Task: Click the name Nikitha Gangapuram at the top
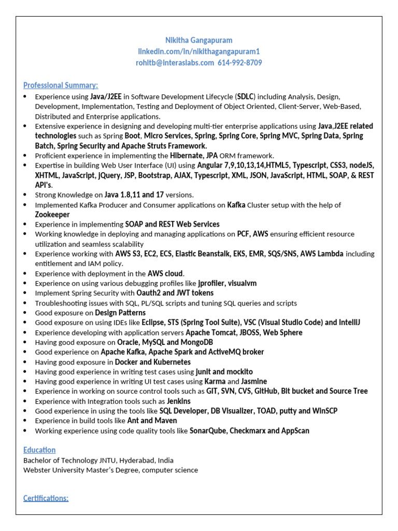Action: point(198,40)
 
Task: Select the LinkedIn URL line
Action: point(198,51)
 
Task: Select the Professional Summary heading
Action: point(61,85)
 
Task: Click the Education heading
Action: point(39,450)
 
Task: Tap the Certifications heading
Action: point(46,498)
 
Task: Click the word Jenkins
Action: point(179,401)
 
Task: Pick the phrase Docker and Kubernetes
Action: point(153,362)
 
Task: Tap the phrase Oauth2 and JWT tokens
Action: point(175,293)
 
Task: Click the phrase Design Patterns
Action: point(120,313)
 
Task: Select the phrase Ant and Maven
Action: point(152,421)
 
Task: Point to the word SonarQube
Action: point(207,430)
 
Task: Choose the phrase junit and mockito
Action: point(224,372)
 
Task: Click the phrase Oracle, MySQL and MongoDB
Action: point(165,342)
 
